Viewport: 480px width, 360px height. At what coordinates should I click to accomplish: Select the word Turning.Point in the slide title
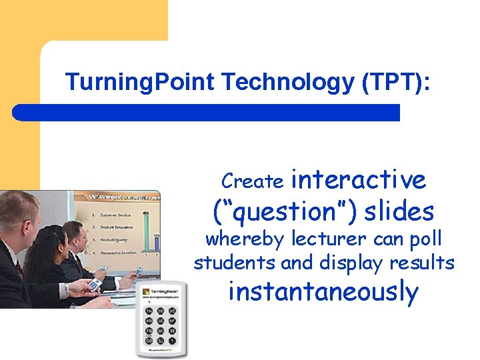point(141,83)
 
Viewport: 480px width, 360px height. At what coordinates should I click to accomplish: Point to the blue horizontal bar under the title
point(207,112)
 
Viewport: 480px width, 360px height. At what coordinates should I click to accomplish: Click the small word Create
point(253,181)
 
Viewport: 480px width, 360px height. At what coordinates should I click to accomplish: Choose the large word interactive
point(359,179)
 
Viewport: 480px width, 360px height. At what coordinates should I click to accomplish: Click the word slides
point(399,212)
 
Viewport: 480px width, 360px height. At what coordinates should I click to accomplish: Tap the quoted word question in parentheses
point(285,212)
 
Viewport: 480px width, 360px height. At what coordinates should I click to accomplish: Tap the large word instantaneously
point(323,292)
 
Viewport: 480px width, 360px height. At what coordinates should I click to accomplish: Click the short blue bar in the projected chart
point(155,245)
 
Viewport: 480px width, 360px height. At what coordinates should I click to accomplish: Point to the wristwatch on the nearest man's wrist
point(67,290)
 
